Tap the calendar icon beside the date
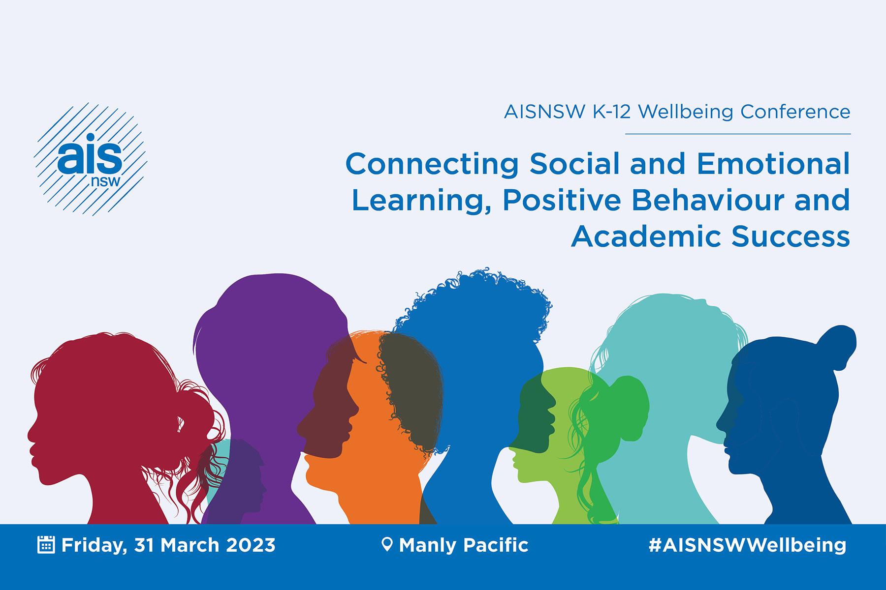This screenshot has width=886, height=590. pyautogui.click(x=46, y=545)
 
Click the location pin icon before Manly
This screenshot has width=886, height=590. pyautogui.click(x=387, y=544)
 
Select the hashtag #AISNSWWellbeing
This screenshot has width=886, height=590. pyautogui.click(x=747, y=545)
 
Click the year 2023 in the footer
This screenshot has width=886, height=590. pyautogui.click(x=251, y=545)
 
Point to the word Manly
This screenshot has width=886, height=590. pyautogui.click(x=428, y=545)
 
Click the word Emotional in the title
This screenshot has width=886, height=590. pyautogui.click(x=773, y=164)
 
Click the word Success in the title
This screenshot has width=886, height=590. pyautogui.click(x=791, y=237)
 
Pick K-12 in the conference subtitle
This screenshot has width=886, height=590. pyautogui.click(x=611, y=112)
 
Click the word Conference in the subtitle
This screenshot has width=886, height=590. pyautogui.click(x=795, y=112)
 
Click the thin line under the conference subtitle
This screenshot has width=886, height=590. pyautogui.click(x=738, y=134)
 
